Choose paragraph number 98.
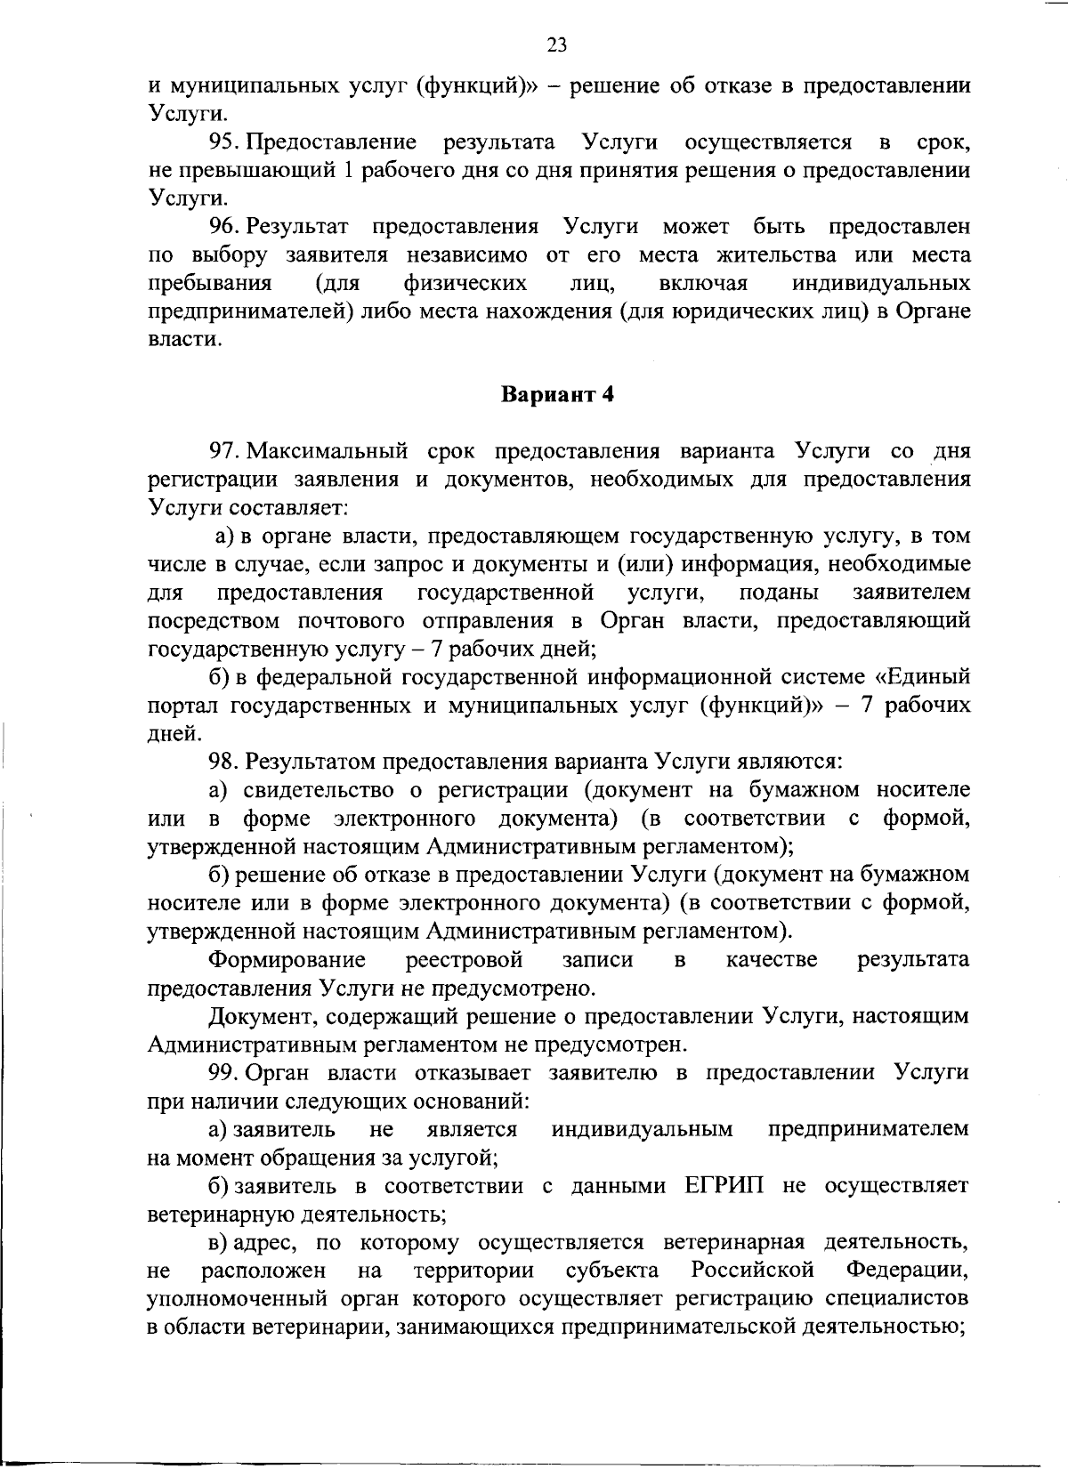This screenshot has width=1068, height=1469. coord(225,762)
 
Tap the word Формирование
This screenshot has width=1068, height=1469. coord(287,960)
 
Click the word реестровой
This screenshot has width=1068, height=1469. coord(464,960)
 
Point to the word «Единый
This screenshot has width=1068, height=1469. coord(922,678)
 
